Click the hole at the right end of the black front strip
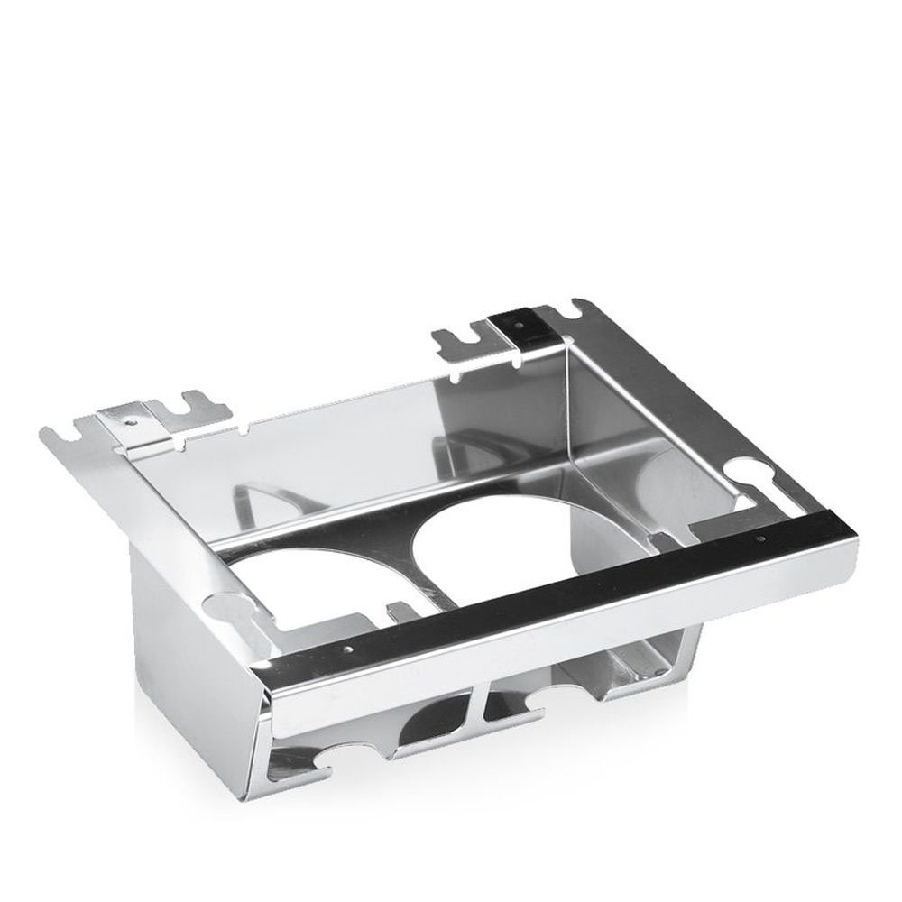coord(762,538)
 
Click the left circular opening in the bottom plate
coord(271,586)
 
